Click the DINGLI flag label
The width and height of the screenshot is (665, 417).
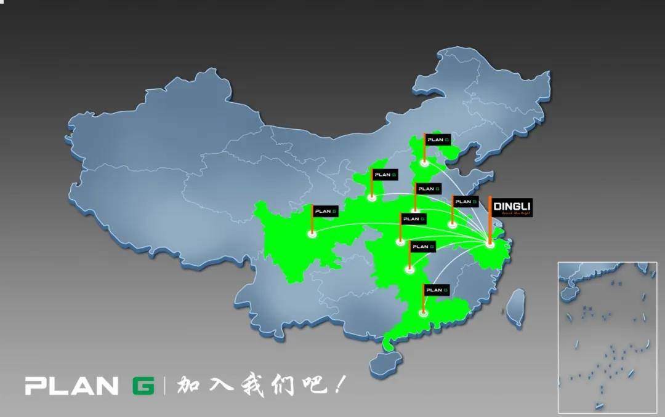[512, 207]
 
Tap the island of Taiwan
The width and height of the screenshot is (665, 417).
[516, 307]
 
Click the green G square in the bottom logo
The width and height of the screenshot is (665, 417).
[143, 385]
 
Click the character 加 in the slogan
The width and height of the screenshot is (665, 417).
[187, 386]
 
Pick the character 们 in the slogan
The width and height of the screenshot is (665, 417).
[285, 386]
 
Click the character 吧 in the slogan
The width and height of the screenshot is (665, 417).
[316, 386]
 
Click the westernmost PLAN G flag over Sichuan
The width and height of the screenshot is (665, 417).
[326, 211]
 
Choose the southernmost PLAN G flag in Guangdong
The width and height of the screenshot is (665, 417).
[437, 289]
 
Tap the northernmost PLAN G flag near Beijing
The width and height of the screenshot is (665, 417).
[438, 140]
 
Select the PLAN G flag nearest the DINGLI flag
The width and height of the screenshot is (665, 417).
[465, 201]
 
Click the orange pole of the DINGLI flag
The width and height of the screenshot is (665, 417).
[490, 221]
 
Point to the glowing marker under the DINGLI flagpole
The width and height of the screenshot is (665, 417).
[490, 245]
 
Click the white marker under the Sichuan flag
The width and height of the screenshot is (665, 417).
[312, 234]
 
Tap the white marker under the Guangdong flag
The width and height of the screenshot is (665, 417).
[423, 313]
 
